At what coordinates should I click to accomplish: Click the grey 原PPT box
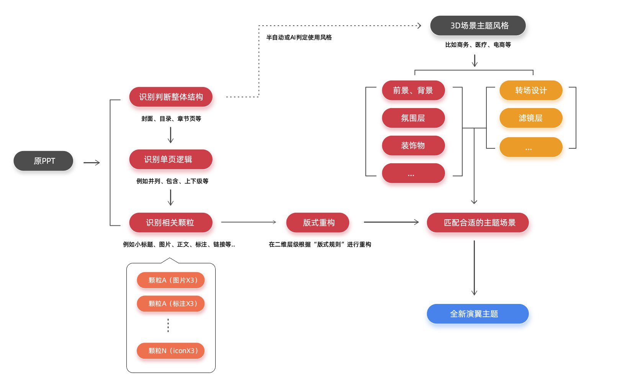(x=43, y=161)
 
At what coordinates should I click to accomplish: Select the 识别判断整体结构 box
(x=171, y=97)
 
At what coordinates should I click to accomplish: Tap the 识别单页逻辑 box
(x=171, y=159)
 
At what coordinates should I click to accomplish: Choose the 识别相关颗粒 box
(x=171, y=223)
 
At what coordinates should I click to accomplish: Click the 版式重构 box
(x=318, y=223)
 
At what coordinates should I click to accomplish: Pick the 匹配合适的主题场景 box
(x=478, y=223)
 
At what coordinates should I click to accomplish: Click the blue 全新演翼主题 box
(x=478, y=314)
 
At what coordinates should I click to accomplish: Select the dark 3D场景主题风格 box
(x=478, y=26)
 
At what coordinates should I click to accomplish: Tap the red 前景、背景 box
(x=413, y=90)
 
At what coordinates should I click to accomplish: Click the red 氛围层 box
(x=413, y=118)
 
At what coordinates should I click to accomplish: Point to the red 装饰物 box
(x=413, y=146)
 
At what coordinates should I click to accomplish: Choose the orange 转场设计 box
(x=531, y=90)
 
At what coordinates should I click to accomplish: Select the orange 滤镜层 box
(x=531, y=118)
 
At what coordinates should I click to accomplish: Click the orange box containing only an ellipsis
(x=531, y=147)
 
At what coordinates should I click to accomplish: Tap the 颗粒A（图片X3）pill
(x=171, y=280)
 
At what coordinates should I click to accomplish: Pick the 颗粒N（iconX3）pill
(x=171, y=351)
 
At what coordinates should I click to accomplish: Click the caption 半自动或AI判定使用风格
(x=299, y=38)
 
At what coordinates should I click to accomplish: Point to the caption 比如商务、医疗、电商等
(x=478, y=45)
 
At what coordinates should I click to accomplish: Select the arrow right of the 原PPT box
(x=92, y=163)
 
